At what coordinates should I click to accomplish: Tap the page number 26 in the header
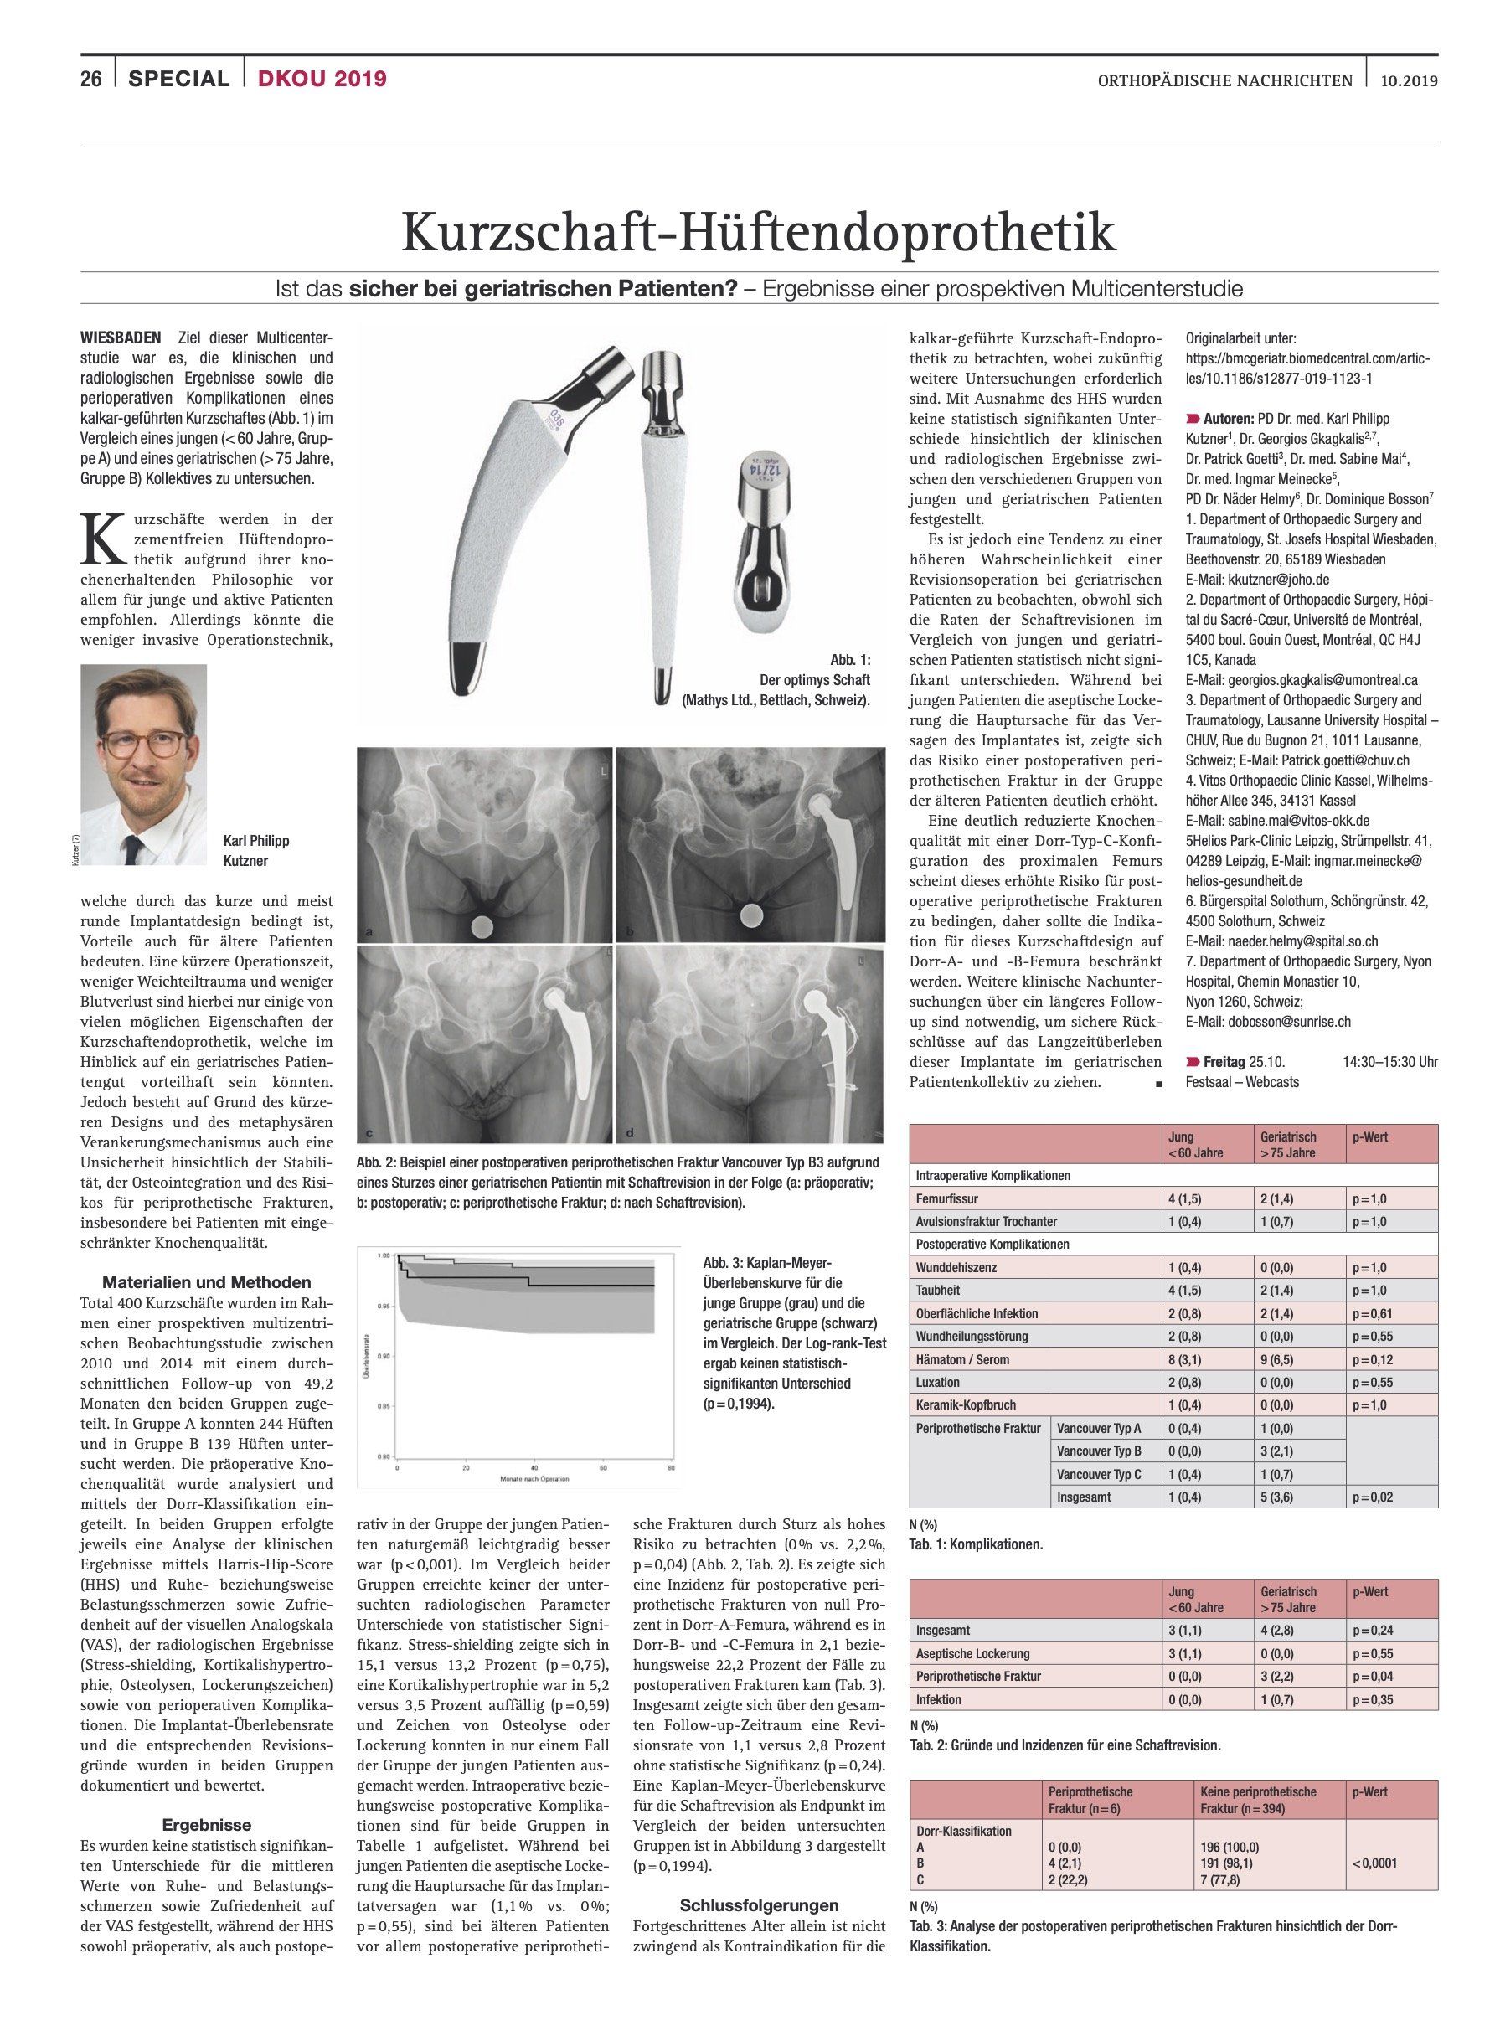tap(90, 79)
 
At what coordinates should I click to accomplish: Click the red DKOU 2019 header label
tap(322, 79)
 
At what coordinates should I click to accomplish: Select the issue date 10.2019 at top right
tap(1409, 80)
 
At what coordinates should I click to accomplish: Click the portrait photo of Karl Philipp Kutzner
tap(144, 752)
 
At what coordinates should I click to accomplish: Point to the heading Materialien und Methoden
tap(206, 1281)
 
